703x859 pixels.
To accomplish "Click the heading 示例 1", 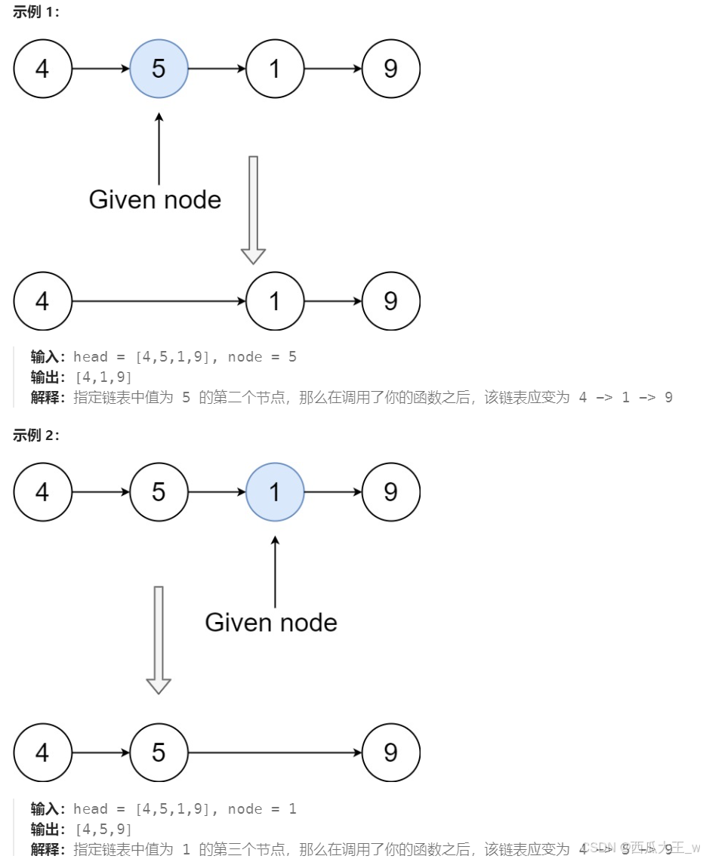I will pyautogui.click(x=36, y=13).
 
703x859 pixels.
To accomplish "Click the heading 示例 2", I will pyautogui.click(x=36, y=436).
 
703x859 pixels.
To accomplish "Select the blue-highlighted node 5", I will pyautogui.click(x=159, y=69).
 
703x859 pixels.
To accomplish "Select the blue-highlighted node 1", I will pyautogui.click(x=275, y=492).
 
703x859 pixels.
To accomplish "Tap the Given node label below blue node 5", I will pyautogui.click(x=155, y=199).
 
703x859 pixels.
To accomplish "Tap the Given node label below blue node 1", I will pyautogui.click(x=271, y=622).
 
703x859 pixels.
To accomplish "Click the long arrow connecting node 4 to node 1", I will pyautogui.click(x=159, y=301).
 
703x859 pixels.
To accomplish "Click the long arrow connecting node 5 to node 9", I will pyautogui.click(x=275, y=753).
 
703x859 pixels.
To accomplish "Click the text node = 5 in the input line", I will pyautogui.click(x=262, y=357).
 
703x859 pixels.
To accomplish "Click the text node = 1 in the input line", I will pyautogui.click(x=262, y=809).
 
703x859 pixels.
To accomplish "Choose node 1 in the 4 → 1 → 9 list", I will pyautogui.click(x=275, y=301).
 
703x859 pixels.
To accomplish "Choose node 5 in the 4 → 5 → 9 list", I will pyautogui.click(x=159, y=753).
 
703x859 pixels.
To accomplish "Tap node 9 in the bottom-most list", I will pyautogui.click(x=390, y=753).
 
